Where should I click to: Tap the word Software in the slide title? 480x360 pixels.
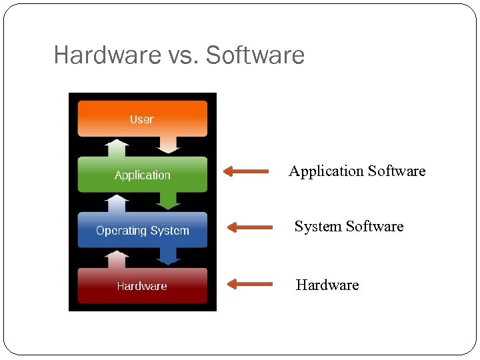(x=255, y=55)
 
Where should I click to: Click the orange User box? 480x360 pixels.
(x=142, y=119)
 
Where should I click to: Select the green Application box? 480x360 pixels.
(x=142, y=175)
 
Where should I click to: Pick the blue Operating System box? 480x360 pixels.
(x=142, y=231)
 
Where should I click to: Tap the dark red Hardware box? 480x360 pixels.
(x=142, y=286)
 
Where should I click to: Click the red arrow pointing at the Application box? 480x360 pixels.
(x=245, y=171)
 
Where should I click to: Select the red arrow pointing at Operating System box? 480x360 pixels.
(x=249, y=227)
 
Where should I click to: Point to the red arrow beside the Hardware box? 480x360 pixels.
(x=249, y=284)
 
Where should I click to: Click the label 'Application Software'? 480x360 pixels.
(x=357, y=171)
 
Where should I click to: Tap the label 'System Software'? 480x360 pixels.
(x=349, y=227)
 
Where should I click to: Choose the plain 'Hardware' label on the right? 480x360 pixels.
(x=327, y=285)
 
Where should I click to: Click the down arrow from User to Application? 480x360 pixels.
(x=168, y=145)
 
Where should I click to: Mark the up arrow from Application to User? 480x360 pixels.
(x=117, y=148)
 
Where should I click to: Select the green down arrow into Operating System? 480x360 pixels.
(x=168, y=200)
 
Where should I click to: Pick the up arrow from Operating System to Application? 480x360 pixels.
(x=117, y=203)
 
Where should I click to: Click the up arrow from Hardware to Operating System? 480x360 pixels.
(x=117, y=259)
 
